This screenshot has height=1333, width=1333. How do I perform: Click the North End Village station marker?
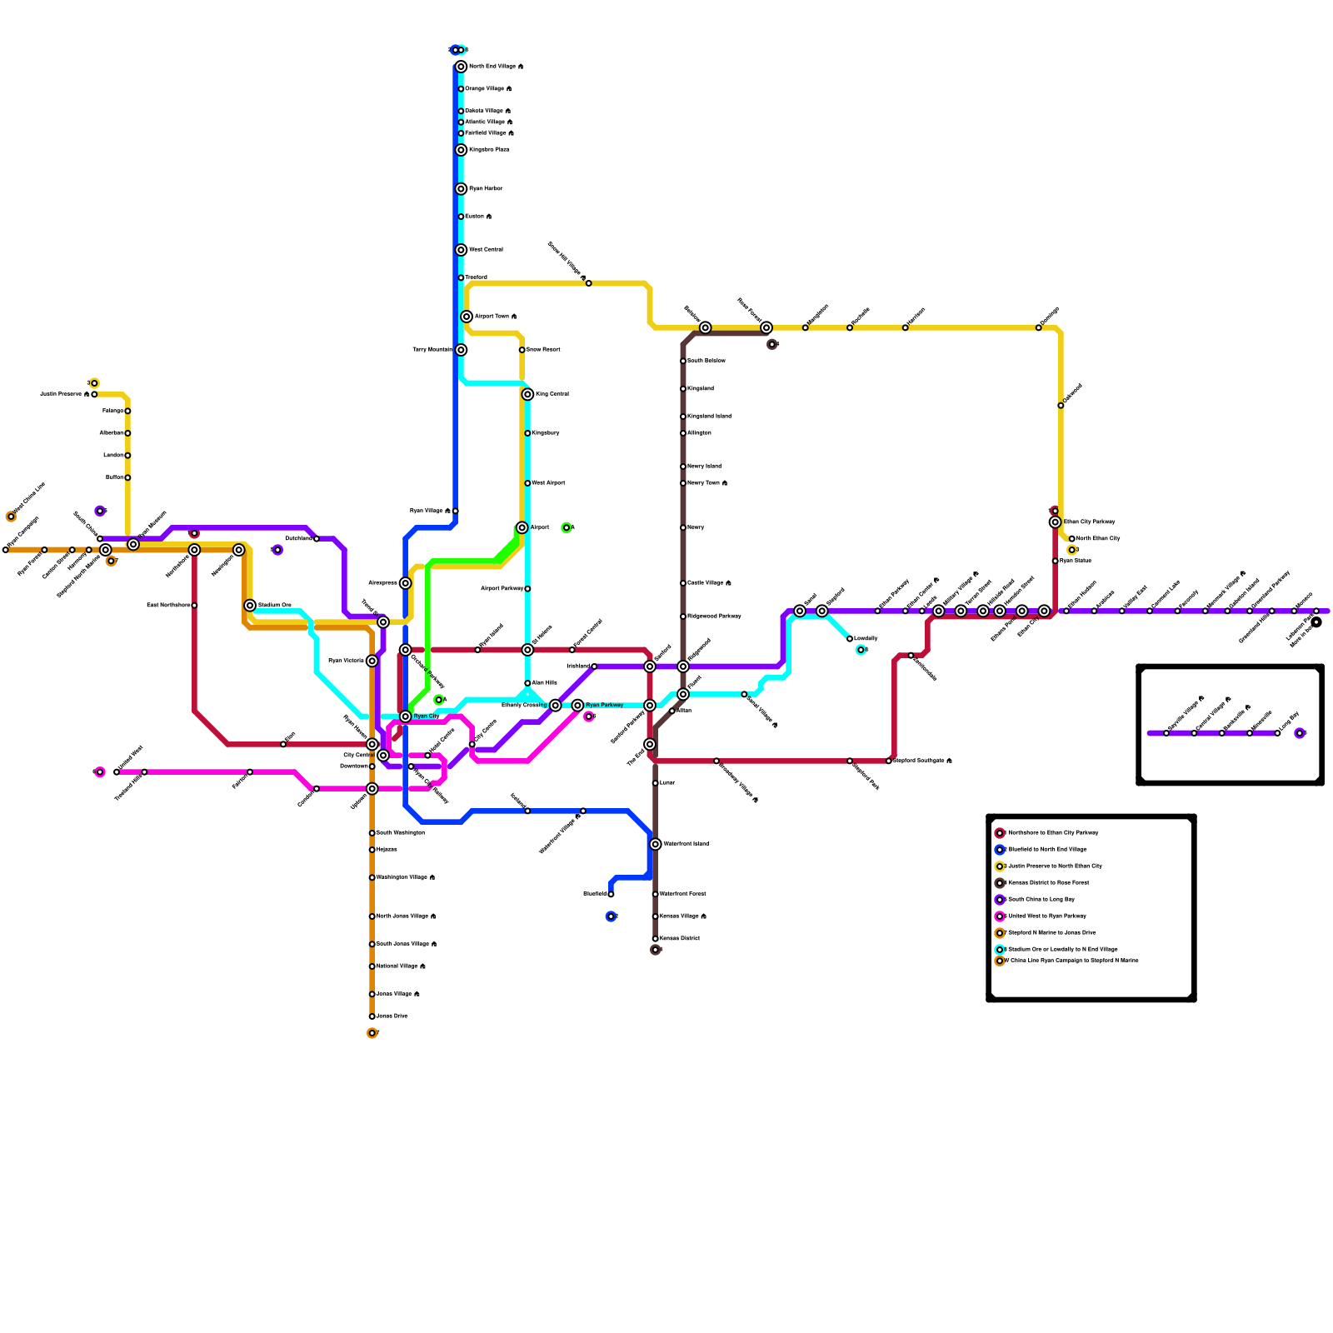click(x=461, y=67)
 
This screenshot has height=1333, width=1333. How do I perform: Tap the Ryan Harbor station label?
click(x=486, y=189)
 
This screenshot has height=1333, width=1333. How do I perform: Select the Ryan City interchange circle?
click(x=406, y=716)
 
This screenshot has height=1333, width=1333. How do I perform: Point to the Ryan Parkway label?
click(x=604, y=706)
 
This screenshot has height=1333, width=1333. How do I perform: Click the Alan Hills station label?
click(x=544, y=683)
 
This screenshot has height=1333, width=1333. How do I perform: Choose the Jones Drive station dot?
click(x=372, y=1016)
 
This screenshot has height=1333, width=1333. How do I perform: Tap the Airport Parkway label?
click(x=502, y=589)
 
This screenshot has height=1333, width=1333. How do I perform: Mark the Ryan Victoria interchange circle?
click(x=372, y=661)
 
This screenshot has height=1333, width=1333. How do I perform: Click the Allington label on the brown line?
click(x=699, y=433)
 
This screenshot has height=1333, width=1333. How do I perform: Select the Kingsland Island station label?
click(x=709, y=417)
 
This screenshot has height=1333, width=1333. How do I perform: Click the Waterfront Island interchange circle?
click(x=656, y=845)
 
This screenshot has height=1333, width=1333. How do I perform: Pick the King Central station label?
click(x=552, y=394)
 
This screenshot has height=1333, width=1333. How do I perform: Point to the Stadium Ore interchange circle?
click(x=250, y=606)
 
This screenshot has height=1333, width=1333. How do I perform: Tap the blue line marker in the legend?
click(x=1000, y=850)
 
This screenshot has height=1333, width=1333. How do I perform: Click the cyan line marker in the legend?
click(x=1000, y=949)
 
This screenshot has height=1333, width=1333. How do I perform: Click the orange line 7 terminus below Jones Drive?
click(x=372, y=1034)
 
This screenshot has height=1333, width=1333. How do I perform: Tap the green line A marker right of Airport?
click(x=567, y=527)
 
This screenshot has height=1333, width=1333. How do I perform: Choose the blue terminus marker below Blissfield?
click(x=611, y=916)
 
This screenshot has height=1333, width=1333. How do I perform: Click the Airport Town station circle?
click(x=467, y=317)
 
